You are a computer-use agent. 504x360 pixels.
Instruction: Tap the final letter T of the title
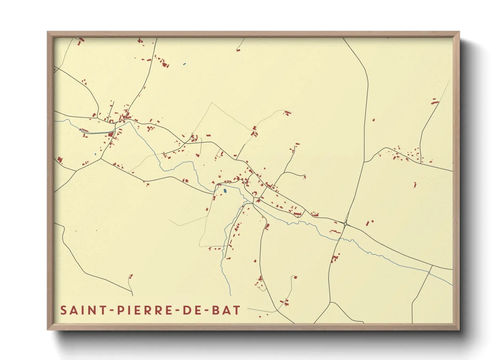237,310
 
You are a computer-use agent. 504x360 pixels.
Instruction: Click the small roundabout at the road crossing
345,224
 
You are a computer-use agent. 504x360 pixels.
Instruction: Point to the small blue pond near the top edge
184,64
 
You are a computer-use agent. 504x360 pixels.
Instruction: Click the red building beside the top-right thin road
434,101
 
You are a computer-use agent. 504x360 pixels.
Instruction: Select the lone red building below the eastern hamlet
415,185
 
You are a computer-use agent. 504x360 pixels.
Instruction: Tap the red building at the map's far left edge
60,160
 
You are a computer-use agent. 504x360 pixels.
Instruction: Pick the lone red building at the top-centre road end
238,50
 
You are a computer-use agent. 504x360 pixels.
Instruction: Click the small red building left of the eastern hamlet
374,120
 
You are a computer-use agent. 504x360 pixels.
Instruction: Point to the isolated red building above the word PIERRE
131,276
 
